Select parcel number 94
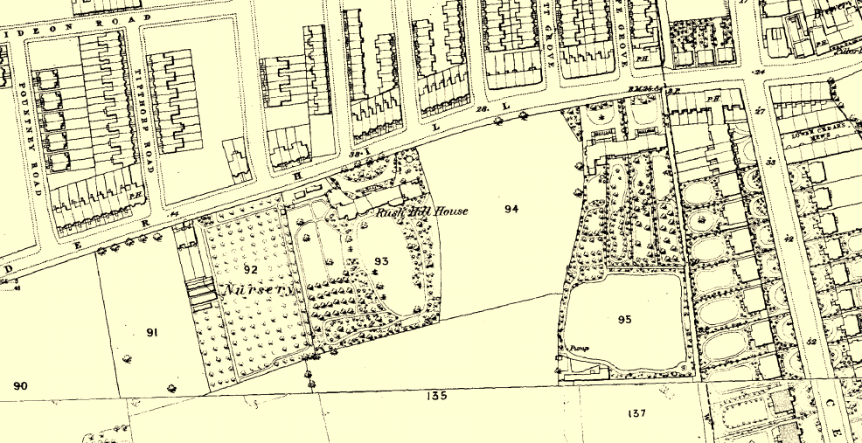[511, 209]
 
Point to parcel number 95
[624, 320]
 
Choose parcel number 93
[381, 260]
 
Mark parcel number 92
[251, 270]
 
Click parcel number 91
[151, 332]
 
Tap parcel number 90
[20, 385]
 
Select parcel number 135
[437, 396]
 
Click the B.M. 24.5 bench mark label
[642, 89]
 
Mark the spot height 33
[770, 162]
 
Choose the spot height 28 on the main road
[482, 109]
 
